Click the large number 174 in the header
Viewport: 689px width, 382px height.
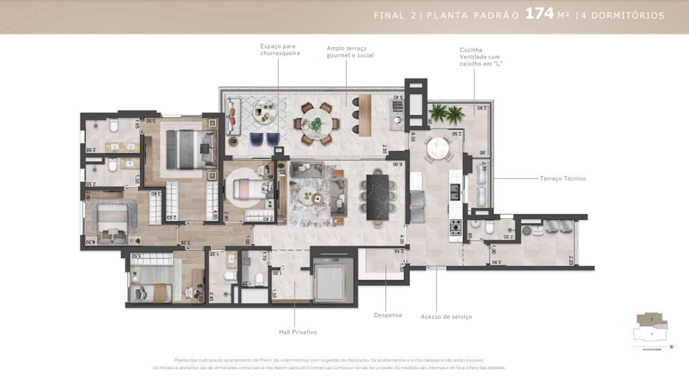click(x=540, y=14)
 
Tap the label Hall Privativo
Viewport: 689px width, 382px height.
click(x=298, y=332)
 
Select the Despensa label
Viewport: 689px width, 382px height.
click(x=388, y=315)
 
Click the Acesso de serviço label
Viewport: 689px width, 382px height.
click(x=446, y=317)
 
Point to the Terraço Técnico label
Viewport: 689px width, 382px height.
click(x=562, y=179)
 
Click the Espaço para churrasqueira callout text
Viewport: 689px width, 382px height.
click(x=280, y=50)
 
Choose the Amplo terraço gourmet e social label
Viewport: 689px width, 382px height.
click(x=350, y=52)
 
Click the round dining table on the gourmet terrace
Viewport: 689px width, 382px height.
click(x=317, y=124)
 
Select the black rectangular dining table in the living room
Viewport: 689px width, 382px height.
click(x=378, y=197)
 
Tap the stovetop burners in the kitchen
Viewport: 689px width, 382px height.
click(x=456, y=227)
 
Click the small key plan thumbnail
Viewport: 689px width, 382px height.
click(x=652, y=328)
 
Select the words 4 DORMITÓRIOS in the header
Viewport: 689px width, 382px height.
click(x=623, y=15)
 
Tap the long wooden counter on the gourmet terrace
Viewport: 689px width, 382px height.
click(x=364, y=115)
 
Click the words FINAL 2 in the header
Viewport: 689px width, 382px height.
click(x=394, y=15)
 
